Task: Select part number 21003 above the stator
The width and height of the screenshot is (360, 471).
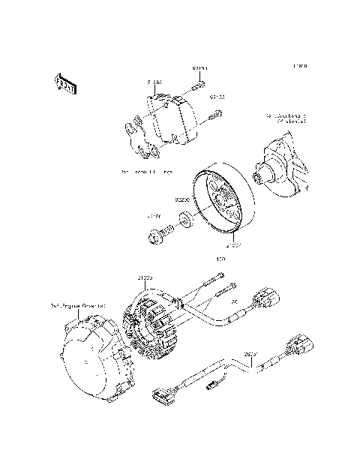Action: tap(145, 277)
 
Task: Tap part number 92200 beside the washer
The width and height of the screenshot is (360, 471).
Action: tap(181, 200)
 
